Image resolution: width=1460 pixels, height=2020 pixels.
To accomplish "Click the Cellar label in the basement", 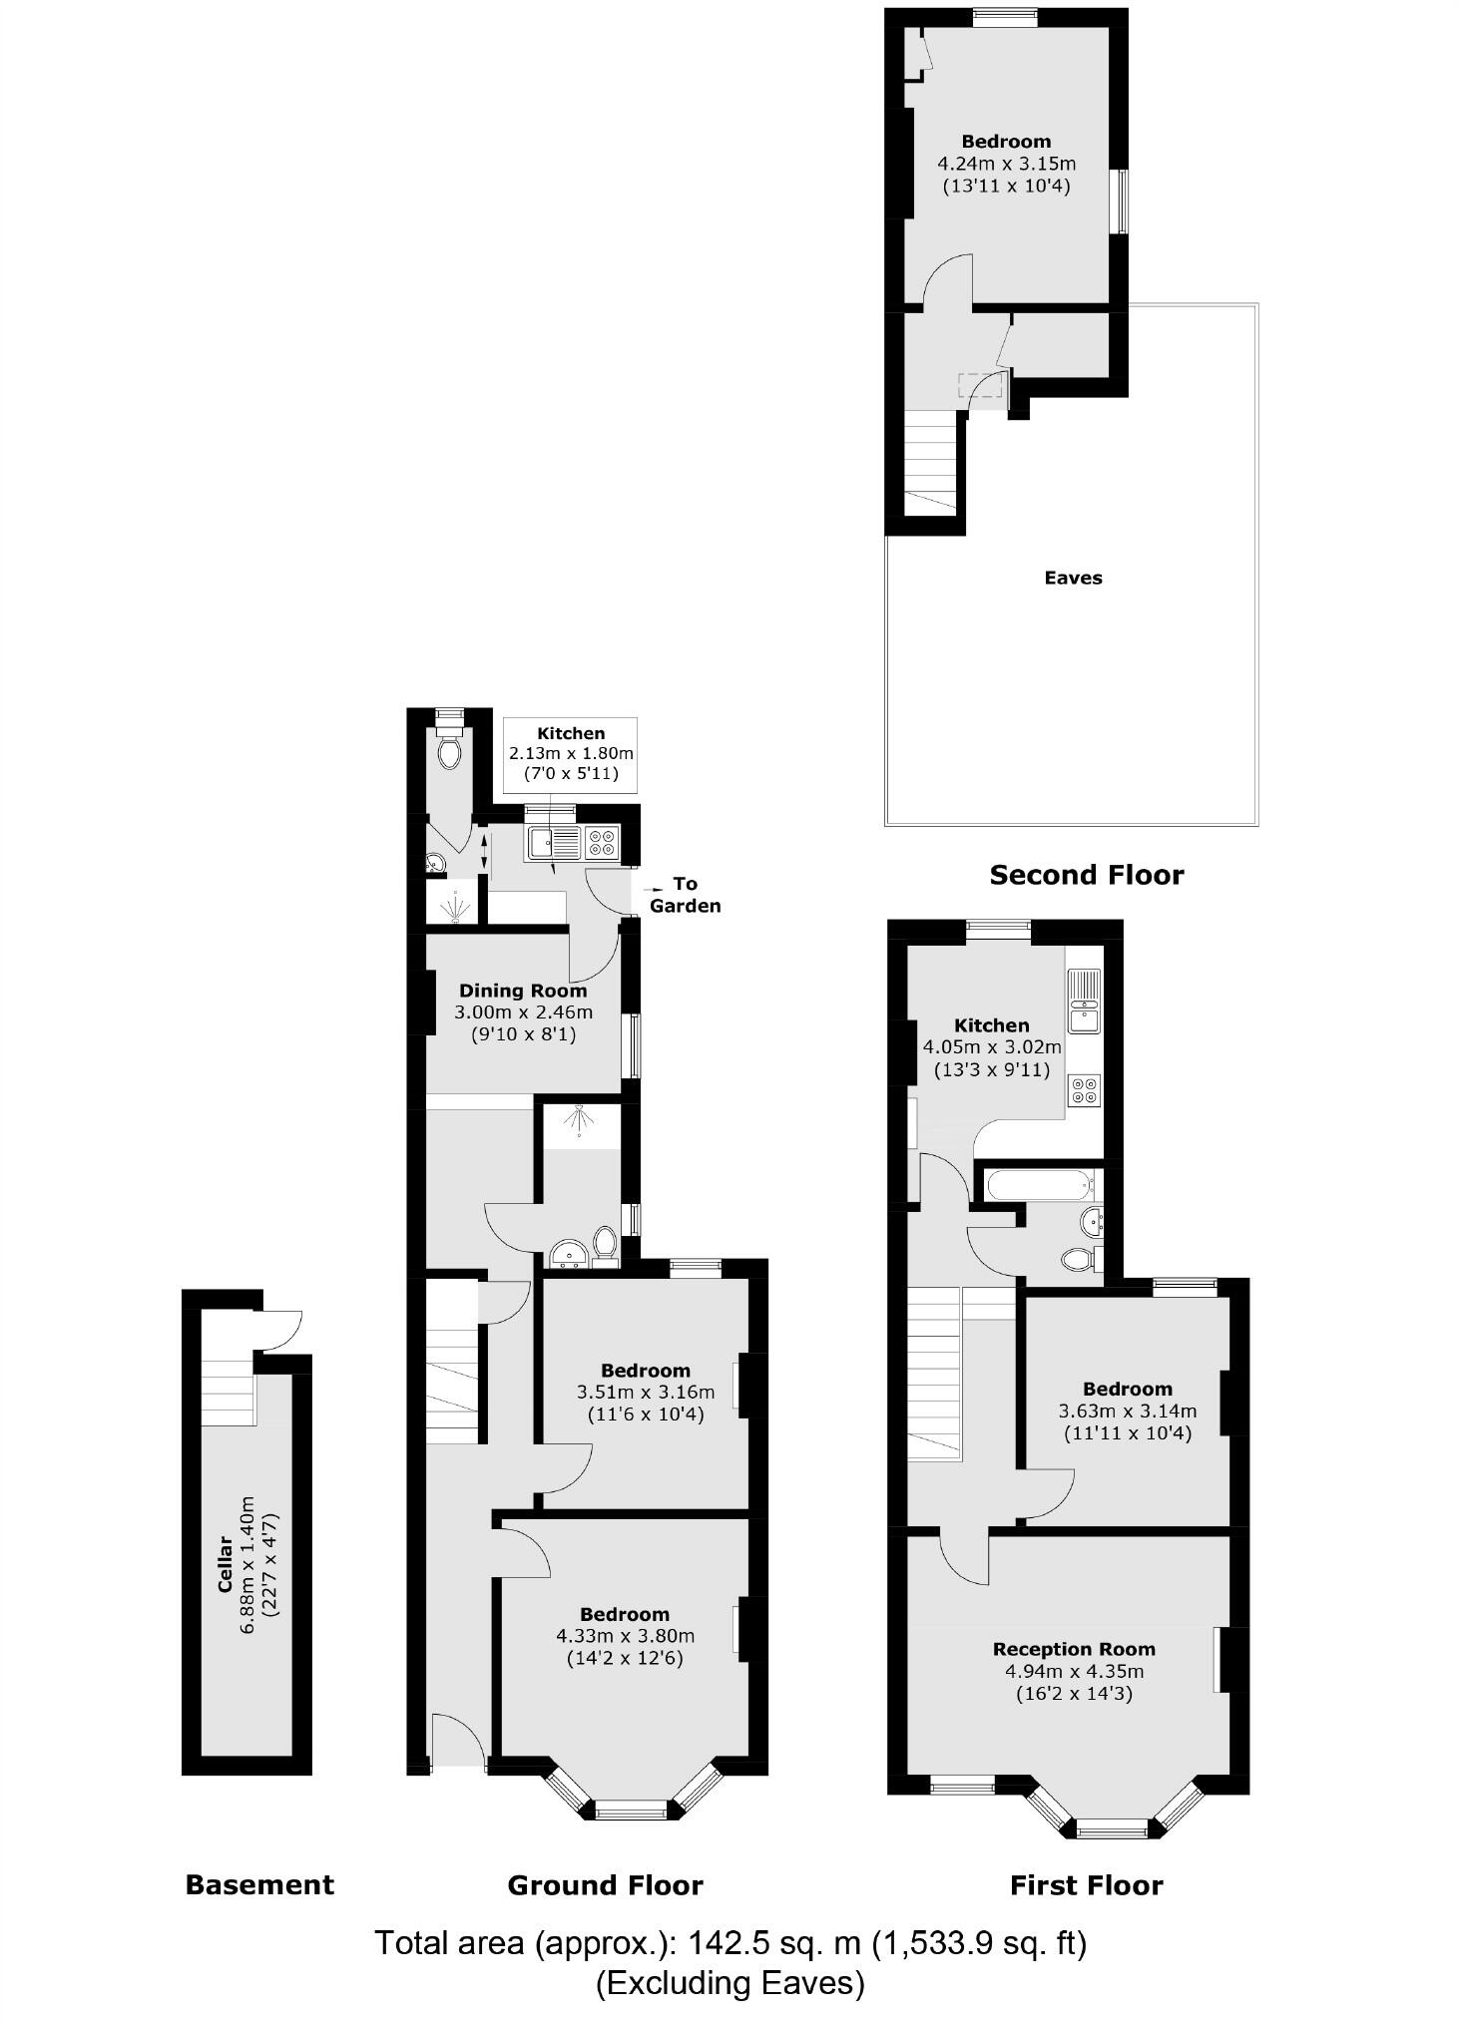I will pyautogui.click(x=226, y=1564).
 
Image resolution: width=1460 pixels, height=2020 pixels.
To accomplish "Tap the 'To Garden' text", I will pyautogui.click(x=685, y=895).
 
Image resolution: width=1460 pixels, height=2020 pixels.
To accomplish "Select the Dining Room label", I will pyautogui.click(x=523, y=991).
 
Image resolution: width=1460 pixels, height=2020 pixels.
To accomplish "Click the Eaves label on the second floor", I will pyautogui.click(x=1073, y=578).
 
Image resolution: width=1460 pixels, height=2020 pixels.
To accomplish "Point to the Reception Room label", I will pyautogui.click(x=1074, y=1649).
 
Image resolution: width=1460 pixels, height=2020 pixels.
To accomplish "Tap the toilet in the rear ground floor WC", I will pyautogui.click(x=450, y=750).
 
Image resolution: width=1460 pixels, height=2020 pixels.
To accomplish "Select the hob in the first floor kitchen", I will pyautogui.click(x=1085, y=1089).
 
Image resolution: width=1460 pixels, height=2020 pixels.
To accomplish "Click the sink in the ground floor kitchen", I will pyautogui.click(x=554, y=843).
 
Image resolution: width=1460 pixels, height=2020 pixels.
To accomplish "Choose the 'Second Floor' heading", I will pyautogui.click(x=1086, y=875).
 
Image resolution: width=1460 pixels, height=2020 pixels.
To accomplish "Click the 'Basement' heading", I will pyautogui.click(x=259, y=1884).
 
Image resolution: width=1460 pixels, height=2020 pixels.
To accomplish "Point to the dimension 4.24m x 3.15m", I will pyautogui.click(x=1006, y=164).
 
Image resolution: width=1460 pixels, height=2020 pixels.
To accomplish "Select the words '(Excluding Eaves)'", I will pyautogui.click(x=730, y=1983).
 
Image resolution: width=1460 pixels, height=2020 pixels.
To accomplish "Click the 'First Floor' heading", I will pyautogui.click(x=1086, y=1884).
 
